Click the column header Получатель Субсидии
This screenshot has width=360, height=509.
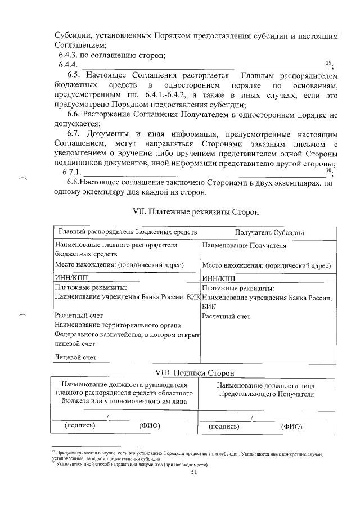click(269, 233)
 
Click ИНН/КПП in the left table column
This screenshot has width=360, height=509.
click(71, 277)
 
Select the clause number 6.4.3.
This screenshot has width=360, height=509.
click(70, 56)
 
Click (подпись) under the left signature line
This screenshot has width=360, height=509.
click(80, 425)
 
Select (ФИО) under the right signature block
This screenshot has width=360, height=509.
click(292, 426)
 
